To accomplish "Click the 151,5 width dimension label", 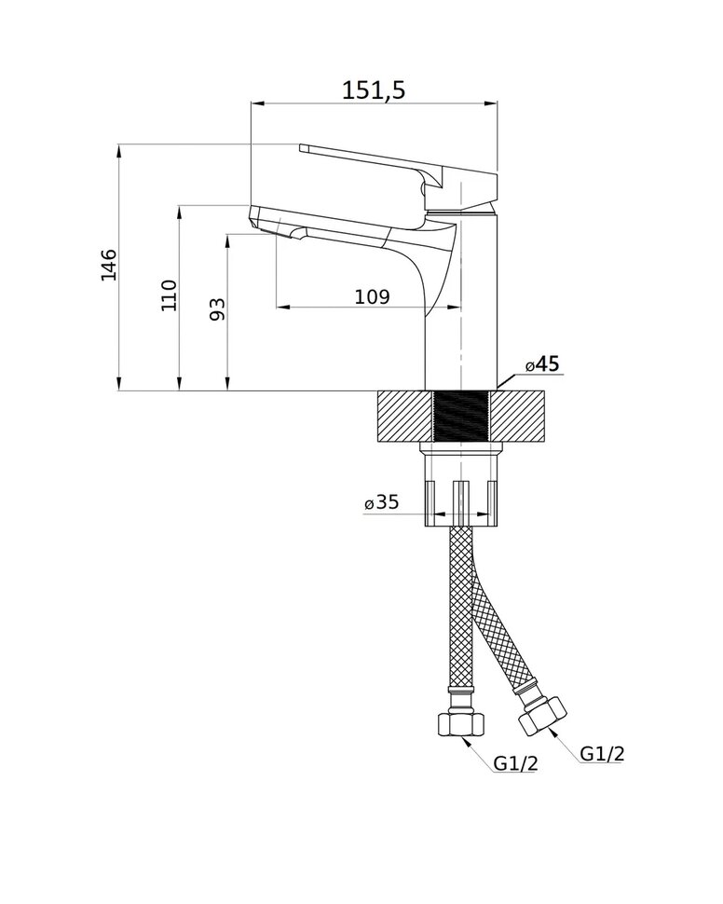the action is [x=374, y=90].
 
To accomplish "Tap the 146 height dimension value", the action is [x=108, y=266].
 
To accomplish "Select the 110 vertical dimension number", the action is [x=169, y=295].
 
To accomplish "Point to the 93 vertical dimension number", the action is [x=216, y=309].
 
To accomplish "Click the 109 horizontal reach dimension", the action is [x=372, y=297].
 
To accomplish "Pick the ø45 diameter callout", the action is [x=542, y=364].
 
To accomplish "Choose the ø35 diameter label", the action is [x=382, y=502].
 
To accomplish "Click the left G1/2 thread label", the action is [x=516, y=764].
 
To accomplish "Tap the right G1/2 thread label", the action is [x=602, y=754].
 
